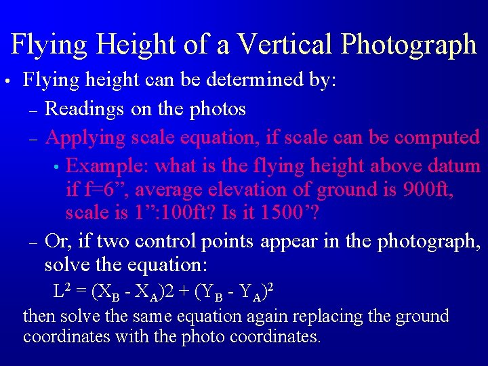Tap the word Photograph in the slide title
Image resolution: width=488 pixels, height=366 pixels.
pos(409,45)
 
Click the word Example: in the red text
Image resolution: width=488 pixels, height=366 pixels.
pos(110,166)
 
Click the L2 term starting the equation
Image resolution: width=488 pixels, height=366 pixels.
pos(62,291)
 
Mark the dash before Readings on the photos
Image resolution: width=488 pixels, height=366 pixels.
pos(33,110)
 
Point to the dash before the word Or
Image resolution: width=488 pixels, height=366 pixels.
pos(33,242)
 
